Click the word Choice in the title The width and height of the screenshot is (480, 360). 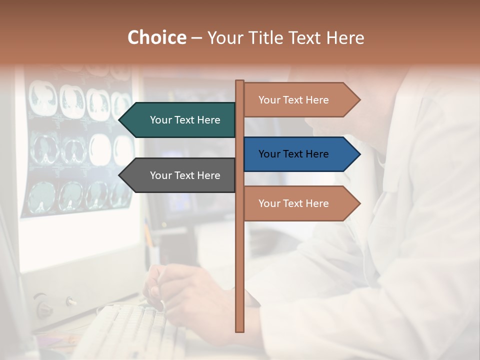156,38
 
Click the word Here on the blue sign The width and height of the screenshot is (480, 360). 316,154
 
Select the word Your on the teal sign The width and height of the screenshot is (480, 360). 160,120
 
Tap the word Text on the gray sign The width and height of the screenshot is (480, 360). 185,175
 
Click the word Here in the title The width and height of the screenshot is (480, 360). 345,38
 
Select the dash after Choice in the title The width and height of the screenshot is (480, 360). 196,38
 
